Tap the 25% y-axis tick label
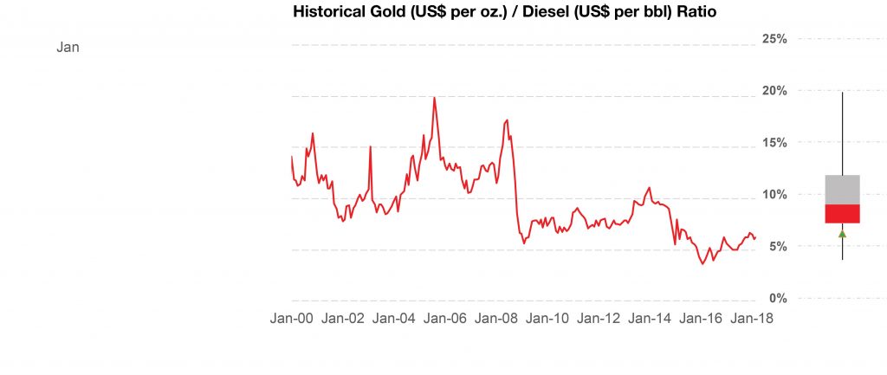[774, 39]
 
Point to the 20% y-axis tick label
[774, 91]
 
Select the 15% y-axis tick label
[774, 142]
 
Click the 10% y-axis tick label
[774, 194]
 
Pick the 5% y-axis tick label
[777, 246]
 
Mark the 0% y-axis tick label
[777, 298]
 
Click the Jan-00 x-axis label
[292, 319]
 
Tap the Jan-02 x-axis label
[343, 319]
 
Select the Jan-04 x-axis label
[394, 319]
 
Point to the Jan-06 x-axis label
[445, 319]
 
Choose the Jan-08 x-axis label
[496, 319]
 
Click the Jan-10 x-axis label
[547, 319]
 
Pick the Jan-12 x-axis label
[599, 319]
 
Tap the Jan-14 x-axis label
[650, 319]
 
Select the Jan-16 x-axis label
[701, 319]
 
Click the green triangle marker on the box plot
[842, 234]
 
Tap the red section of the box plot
[842, 214]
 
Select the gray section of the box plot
[842, 190]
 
